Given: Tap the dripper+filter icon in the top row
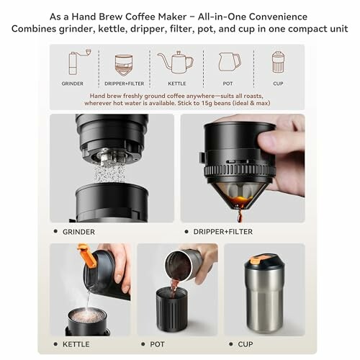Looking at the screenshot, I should tap(124, 63).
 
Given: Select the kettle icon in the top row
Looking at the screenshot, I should tap(175, 62).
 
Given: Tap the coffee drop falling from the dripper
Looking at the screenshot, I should tap(240, 216).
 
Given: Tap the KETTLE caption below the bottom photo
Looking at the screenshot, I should tap(76, 344).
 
